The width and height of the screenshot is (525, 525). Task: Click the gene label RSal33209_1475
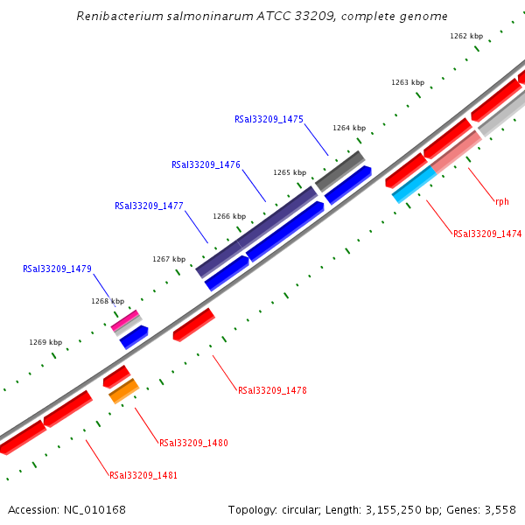pos(269,119)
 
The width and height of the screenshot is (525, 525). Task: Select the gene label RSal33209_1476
pos(206,164)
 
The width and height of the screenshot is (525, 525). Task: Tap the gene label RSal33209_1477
pos(149,206)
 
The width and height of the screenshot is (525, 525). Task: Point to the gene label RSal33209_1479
pos(57,269)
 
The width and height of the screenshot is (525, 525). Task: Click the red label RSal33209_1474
pos(487,234)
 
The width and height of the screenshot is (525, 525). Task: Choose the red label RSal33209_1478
pos(272,390)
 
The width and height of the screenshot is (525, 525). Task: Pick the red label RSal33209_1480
pos(193,444)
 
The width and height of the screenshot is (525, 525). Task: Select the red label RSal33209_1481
pos(143,476)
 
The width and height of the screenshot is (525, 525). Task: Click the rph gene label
pos(501,202)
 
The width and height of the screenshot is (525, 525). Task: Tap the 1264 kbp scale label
pos(348,129)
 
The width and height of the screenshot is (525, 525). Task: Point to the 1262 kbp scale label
pos(465,37)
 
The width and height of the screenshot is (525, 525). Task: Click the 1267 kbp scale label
pos(169,259)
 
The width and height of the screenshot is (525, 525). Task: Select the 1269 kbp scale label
pos(45,343)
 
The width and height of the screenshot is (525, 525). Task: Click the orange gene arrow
pos(123,390)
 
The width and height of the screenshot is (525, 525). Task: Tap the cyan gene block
pos(414,185)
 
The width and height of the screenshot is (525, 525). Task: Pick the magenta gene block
pos(124,320)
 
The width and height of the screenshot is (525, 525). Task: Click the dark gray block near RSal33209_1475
pos(339,171)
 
